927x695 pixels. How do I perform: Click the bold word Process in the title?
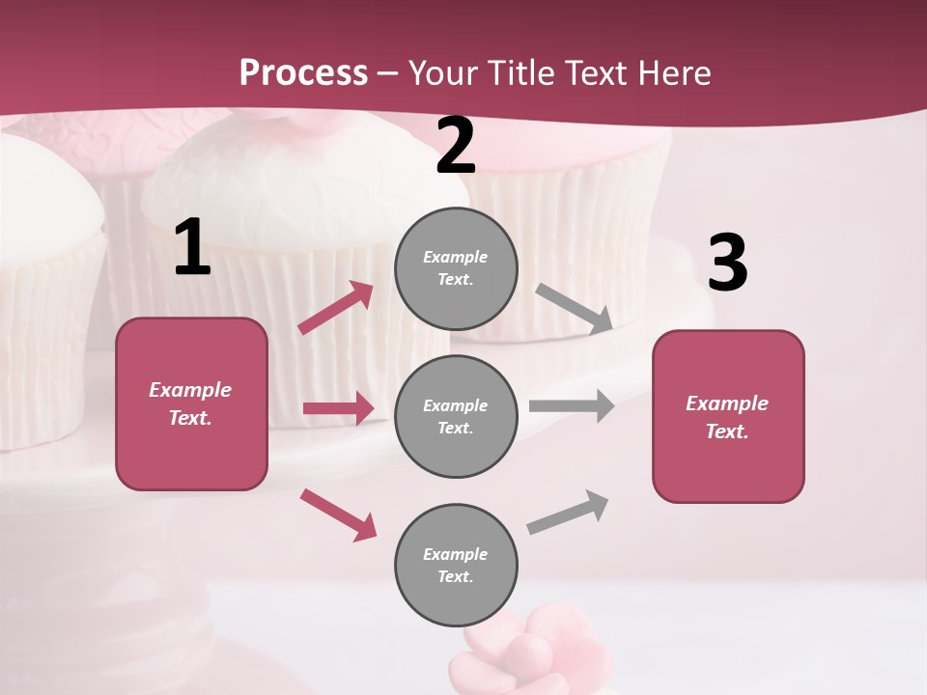[303, 72]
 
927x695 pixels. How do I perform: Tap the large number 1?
[192, 247]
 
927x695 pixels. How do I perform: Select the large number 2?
[456, 146]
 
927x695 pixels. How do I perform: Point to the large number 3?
[727, 264]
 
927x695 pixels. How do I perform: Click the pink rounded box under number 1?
[191, 403]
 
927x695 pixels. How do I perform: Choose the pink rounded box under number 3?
[728, 416]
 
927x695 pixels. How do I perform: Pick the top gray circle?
[456, 268]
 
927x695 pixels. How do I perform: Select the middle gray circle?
[456, 416]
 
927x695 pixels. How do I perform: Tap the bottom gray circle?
[456, 565]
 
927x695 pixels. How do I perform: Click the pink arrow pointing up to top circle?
[336, 308]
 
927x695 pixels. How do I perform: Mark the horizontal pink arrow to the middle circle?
[338, 408]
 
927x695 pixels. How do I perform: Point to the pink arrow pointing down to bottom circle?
[338, 514]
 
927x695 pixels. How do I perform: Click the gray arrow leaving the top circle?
[574, 308]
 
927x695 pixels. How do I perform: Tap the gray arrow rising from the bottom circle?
[569, 512]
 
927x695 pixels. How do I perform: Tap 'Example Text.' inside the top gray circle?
[456, 268]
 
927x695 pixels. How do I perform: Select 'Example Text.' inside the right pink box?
[727, 417]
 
